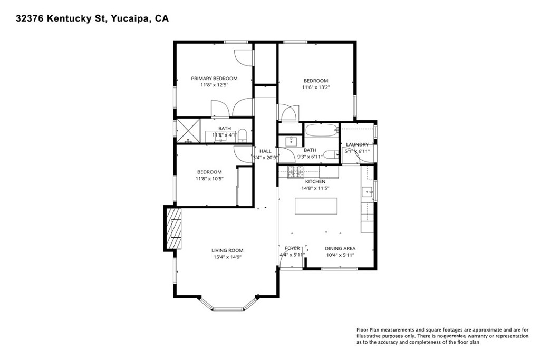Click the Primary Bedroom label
point(214,79)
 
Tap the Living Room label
point(227,250)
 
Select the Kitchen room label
point(315,182)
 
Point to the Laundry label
point(357,145)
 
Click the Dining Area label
point(340,248)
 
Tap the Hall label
point(265,151)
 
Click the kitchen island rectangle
point(316,206)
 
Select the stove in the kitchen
point(296,172)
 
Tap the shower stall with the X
point(188,130)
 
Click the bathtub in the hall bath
point(322,130)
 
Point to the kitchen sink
point(368,191)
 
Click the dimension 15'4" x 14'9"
point(227,257)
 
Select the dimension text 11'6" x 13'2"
point(316,87)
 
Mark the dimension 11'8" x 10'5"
point(209,179)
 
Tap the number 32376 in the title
point(30,18)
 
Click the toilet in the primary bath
point(243,135)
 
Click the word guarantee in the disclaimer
point(455,336)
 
